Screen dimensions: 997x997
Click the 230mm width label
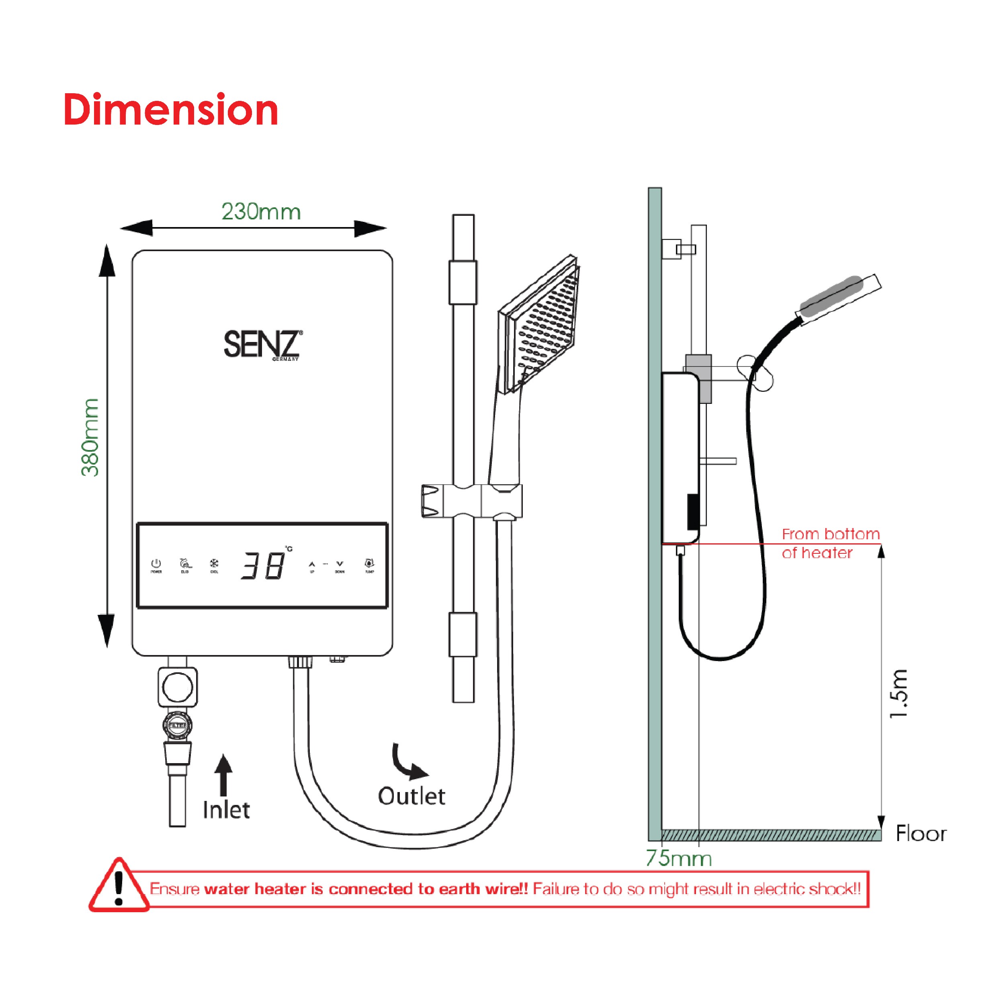click(261, 212)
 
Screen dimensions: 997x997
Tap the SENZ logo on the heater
click(262, 344)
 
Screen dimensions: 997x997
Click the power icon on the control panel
click(156, 563)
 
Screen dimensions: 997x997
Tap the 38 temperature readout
click(263, 565)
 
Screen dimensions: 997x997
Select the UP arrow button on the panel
click(312, 565)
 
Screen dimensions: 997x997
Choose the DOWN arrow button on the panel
click(340, 564)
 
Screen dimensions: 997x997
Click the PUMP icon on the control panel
click(369, 563)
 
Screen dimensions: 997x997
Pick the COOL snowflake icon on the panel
click(214, 563)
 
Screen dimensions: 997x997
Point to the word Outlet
click(411, 796)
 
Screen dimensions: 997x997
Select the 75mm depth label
click(679, 859)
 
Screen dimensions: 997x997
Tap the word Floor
click(921, 834)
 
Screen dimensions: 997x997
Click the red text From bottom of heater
click(830, 543)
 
